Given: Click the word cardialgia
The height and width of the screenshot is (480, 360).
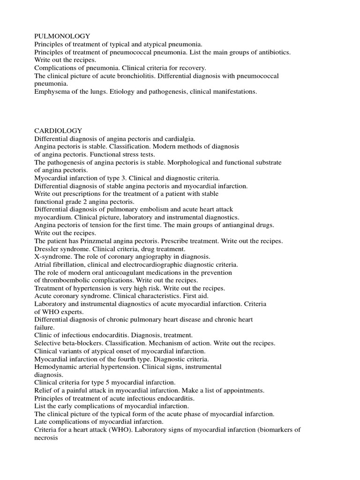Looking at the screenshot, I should click(x=178, y=139).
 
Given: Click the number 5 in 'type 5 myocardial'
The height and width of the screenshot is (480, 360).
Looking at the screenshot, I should click(x=106, y=382).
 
